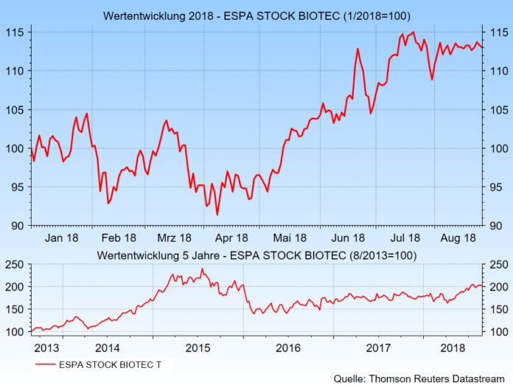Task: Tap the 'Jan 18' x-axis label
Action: click(x=62, y=237)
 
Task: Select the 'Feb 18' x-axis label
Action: click(x=119, y=237)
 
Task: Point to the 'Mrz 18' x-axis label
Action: click(x=175, y=237)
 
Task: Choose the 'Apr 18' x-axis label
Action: click(x=232, y=237)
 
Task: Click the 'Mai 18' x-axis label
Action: click(x=290, y=237)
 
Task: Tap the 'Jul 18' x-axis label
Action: click(x=404, y=237)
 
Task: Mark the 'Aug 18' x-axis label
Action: click(x=460, y=237)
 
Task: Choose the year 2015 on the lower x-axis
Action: click(x=198, y=347)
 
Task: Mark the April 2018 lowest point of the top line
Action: click(x=217, y=215)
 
